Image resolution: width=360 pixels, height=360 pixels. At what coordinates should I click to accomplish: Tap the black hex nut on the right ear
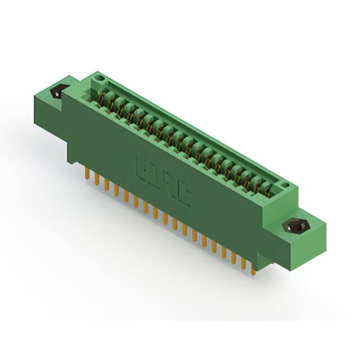click(x=296, y=227)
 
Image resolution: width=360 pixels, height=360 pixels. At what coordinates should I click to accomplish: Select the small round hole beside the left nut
click(x=99, y=75)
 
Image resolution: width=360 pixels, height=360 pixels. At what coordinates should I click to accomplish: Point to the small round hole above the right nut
click(x=286, y=184)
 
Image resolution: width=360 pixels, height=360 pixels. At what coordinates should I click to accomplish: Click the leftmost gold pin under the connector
click(x=87, y=172)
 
